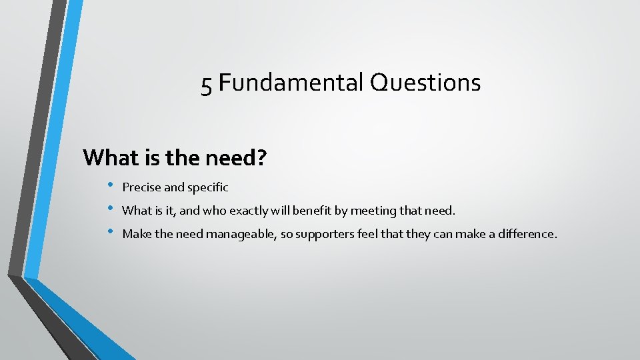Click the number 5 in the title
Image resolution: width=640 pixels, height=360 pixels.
tap(207, 84)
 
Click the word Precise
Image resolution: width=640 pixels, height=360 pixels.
tap(141, 187)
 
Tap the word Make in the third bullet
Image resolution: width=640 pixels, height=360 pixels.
tap(136, 233)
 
